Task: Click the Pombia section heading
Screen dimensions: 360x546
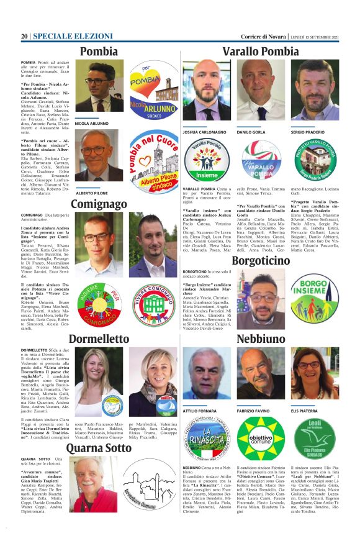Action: (99, 52)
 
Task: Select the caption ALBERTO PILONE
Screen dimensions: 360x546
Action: (91, 193)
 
